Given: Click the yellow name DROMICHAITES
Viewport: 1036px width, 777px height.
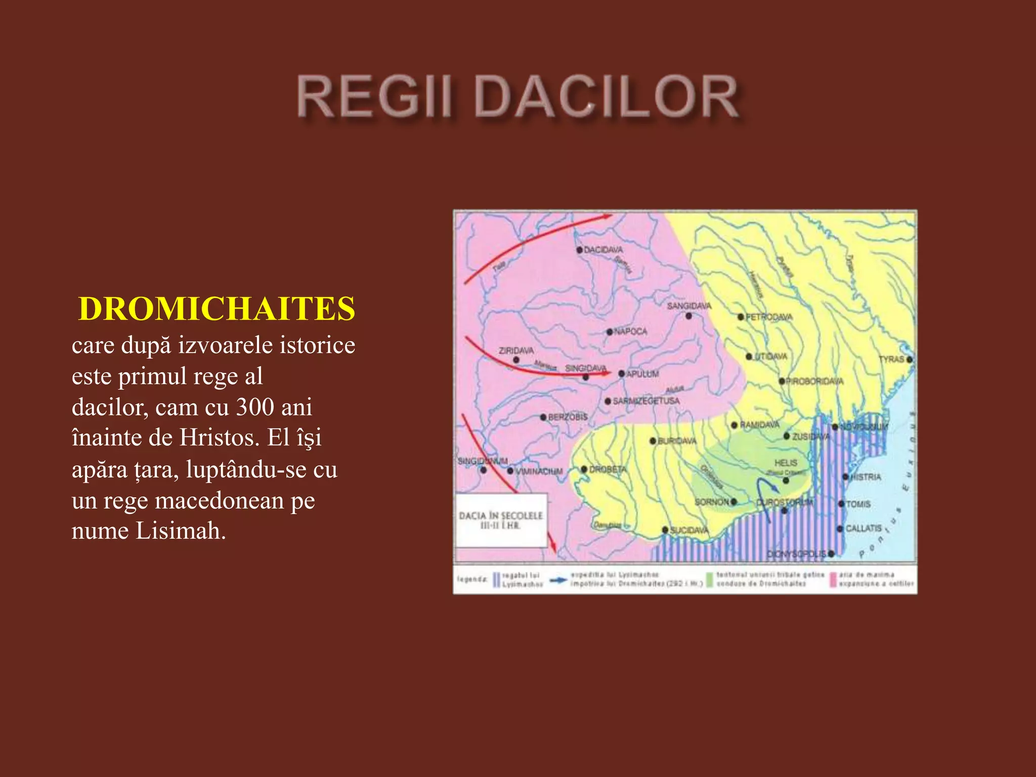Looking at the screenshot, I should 217,309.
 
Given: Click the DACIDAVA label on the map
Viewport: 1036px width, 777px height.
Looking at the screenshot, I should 603,250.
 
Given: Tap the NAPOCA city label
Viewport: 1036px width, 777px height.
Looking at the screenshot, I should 630,331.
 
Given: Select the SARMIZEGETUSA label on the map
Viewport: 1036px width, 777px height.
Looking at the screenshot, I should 646,401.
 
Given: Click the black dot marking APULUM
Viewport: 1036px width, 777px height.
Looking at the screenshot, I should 622,374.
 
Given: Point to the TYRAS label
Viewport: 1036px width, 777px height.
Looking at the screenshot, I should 891,359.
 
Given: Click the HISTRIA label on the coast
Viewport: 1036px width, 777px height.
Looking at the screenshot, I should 866,477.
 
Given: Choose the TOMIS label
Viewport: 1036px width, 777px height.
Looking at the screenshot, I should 858,504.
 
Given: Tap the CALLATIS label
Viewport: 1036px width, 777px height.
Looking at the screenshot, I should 864,528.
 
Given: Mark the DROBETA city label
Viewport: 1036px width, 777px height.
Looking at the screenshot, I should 608,469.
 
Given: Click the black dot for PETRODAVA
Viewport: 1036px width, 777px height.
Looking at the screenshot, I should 741,317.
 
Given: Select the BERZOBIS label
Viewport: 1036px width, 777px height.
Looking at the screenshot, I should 568,417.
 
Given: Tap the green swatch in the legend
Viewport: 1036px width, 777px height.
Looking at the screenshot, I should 709,580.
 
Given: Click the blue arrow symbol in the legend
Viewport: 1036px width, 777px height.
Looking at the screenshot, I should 558,580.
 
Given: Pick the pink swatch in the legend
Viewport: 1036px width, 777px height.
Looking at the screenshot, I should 832,580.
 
